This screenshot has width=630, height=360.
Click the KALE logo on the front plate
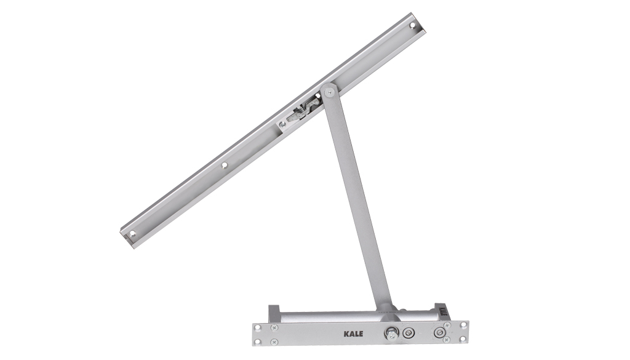tap(353, 334)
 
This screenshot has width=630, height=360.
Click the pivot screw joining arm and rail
tap(330, 92)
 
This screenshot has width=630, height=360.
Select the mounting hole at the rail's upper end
tap(412, 25)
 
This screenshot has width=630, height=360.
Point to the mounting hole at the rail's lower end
tap(132, 233)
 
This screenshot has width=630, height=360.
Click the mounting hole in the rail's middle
tap(225, 165)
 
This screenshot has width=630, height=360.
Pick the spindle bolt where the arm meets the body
tap(391, 333)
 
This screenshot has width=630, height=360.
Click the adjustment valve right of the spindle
tap(409, 333)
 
